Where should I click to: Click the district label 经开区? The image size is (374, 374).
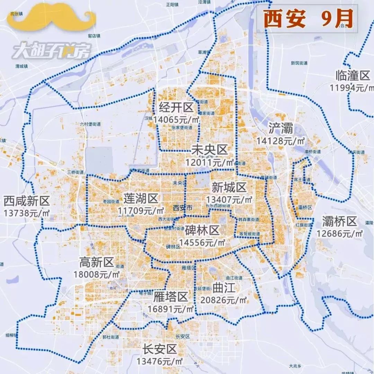coord(176,108)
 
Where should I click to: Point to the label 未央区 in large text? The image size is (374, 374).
coord(210,150)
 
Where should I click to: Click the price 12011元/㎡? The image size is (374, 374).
coord(210,162)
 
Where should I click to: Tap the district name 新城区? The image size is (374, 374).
coord(229,188)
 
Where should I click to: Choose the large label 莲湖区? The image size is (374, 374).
coord(141,198)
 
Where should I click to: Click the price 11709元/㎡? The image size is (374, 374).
coord(141,210)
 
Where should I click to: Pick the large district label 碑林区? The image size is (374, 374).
coord(202,230)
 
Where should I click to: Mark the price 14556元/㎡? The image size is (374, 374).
coord(202,242)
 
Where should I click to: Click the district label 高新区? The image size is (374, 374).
coord(97,262)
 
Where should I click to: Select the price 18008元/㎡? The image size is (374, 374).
coord(97,274)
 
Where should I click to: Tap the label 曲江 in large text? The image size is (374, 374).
coord(224,288)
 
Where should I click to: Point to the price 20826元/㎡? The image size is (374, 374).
coord(224,300)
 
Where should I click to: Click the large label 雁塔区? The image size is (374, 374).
coord(170,296)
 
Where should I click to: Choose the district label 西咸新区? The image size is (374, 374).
coord(27,201)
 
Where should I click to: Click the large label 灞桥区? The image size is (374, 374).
coord(339,221)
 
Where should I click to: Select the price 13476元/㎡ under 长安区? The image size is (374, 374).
coord(160,361)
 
